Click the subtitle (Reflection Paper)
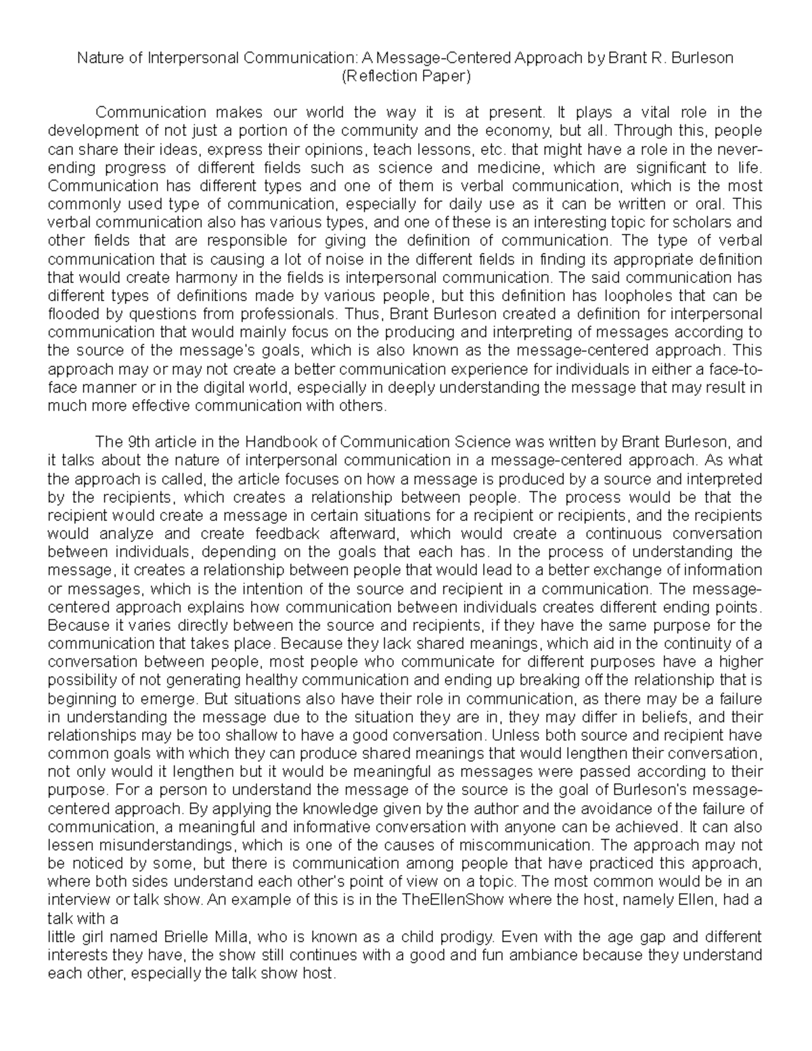(x=405, y=76)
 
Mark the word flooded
(x=72, y=314)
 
